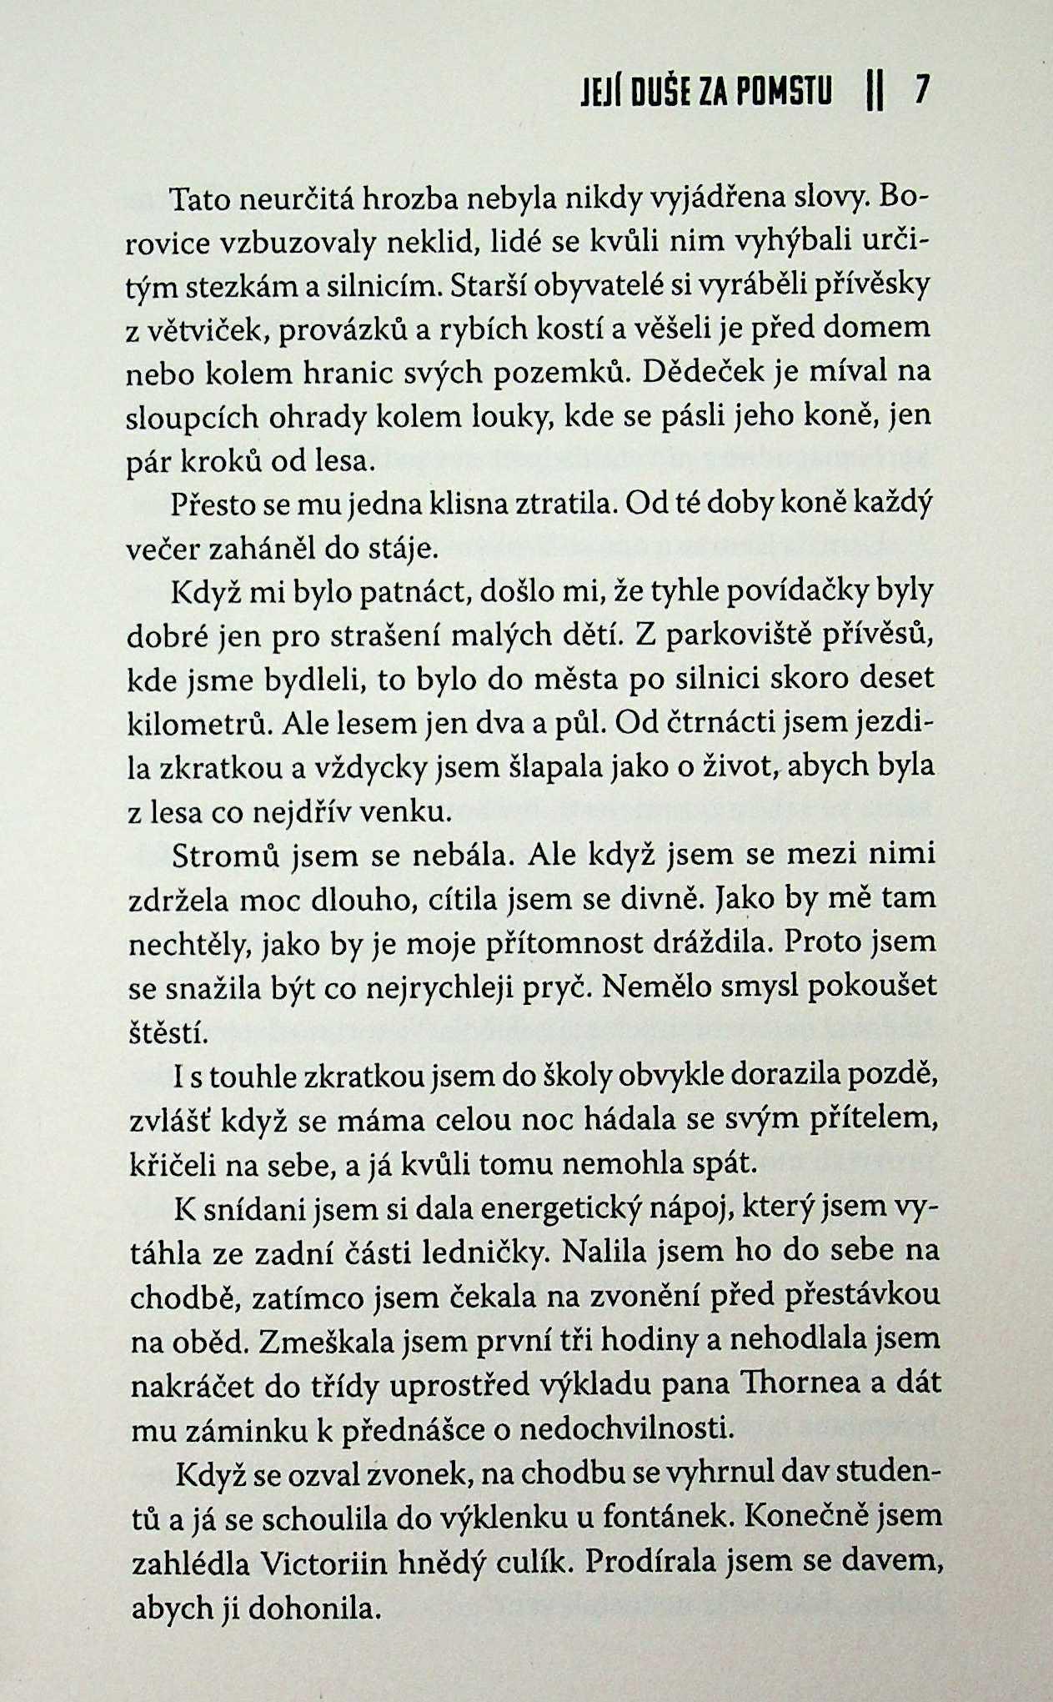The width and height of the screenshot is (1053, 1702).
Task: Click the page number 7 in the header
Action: [x=921, y=89]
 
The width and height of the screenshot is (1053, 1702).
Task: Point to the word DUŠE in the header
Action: [x=651, y=90]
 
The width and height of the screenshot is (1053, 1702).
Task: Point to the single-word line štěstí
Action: [x=168, y=1034]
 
